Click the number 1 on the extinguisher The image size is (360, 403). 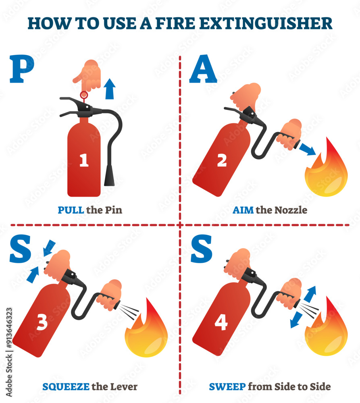tap(84, 161)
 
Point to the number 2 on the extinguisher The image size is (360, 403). tap(222, 160)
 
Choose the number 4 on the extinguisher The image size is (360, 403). tap(221, 322)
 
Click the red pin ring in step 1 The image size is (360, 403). tap(84, 95)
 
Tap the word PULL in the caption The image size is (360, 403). tap(71, 210)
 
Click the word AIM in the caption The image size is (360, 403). tap(243, 210)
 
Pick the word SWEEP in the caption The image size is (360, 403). tap(227, 387)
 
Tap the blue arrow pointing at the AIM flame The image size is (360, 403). tap(308, 150)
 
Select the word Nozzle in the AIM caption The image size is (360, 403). tap(291, 210)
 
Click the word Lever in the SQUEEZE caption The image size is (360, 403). tap(123, 387)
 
